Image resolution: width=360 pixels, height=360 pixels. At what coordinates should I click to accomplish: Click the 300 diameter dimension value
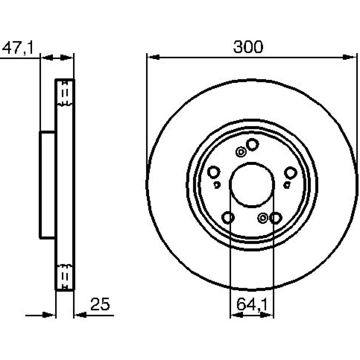point(248,47)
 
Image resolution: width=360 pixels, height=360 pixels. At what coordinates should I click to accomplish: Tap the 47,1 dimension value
point(18,48)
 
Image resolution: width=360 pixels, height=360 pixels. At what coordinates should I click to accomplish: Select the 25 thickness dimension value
point(100,304)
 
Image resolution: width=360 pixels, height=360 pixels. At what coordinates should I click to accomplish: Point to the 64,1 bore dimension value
point(252,305)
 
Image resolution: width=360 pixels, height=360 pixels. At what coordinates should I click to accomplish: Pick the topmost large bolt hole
point(252,145)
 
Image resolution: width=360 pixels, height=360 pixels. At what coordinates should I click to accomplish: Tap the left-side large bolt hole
point(214,172)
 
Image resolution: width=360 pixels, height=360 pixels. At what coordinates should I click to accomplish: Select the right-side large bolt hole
point(291,173)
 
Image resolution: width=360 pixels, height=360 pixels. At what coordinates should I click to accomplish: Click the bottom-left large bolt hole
point(228,217)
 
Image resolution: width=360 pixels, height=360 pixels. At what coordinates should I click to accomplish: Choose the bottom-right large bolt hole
point(275,218)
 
